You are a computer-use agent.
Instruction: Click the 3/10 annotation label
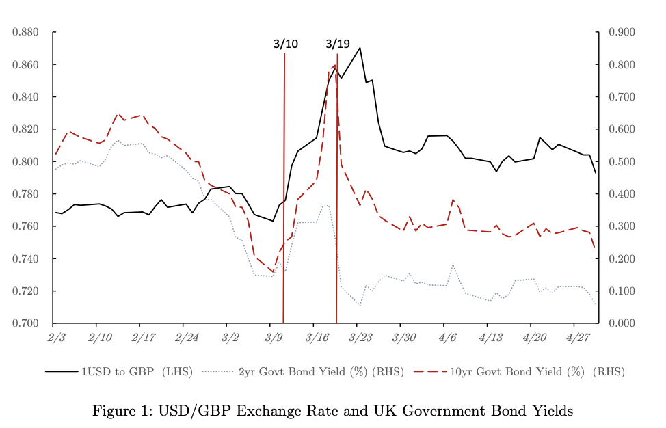click(285, 44)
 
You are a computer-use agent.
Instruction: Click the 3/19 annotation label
click(338, 44)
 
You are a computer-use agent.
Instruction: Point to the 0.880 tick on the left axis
click(25, 32)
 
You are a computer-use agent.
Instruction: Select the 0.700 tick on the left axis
click(25, 323)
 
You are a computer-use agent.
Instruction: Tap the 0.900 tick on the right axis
click(621, 32)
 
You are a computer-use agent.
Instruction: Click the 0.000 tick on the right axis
click(621, 323)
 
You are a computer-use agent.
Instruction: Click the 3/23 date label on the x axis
click(360, 337)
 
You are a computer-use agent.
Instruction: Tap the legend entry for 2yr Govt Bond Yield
click(321, 372)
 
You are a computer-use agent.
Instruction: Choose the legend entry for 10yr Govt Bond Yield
click(537, 372)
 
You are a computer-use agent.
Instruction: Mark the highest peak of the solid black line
click(360, 48)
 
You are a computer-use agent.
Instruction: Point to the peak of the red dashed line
click(334, 65)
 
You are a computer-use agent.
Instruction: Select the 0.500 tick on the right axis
click(621, 162)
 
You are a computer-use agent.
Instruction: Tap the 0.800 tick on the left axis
click(25, 162)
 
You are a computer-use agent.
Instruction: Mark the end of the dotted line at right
click(596, 305)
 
